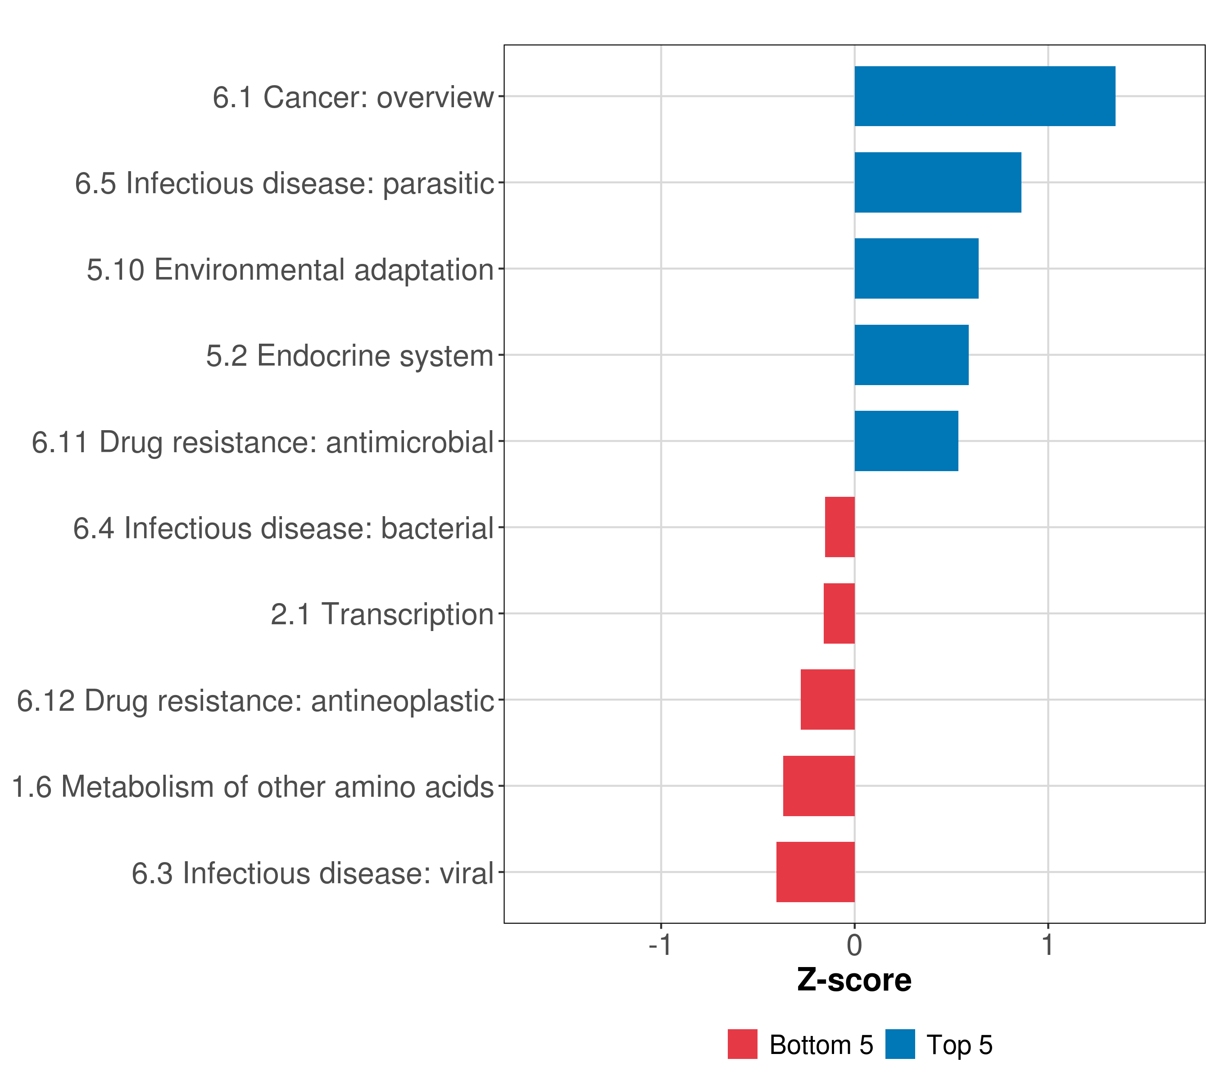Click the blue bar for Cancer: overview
(x=985, y=96)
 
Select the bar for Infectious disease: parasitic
(x=938, y=183)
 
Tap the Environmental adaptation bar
(x=916, y=268)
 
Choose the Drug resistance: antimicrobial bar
(x=906, y=441)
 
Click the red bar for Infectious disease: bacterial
(x=840, y=527)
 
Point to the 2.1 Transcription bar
(x=839, y=613)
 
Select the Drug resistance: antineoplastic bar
(x=827, y=699)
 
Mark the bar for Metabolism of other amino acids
(x=819, y=786)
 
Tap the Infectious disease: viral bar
(x=816, y=872)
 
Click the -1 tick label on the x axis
(x=660, y=945)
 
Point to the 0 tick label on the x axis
(x=854, y=945)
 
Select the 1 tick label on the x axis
(x=1048, y=945)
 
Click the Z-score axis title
(x=854, y=981)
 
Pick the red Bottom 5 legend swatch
(x=743, y=1045)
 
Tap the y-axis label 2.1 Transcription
(x=382, y=614)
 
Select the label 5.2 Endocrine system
(x=350, y=356)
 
